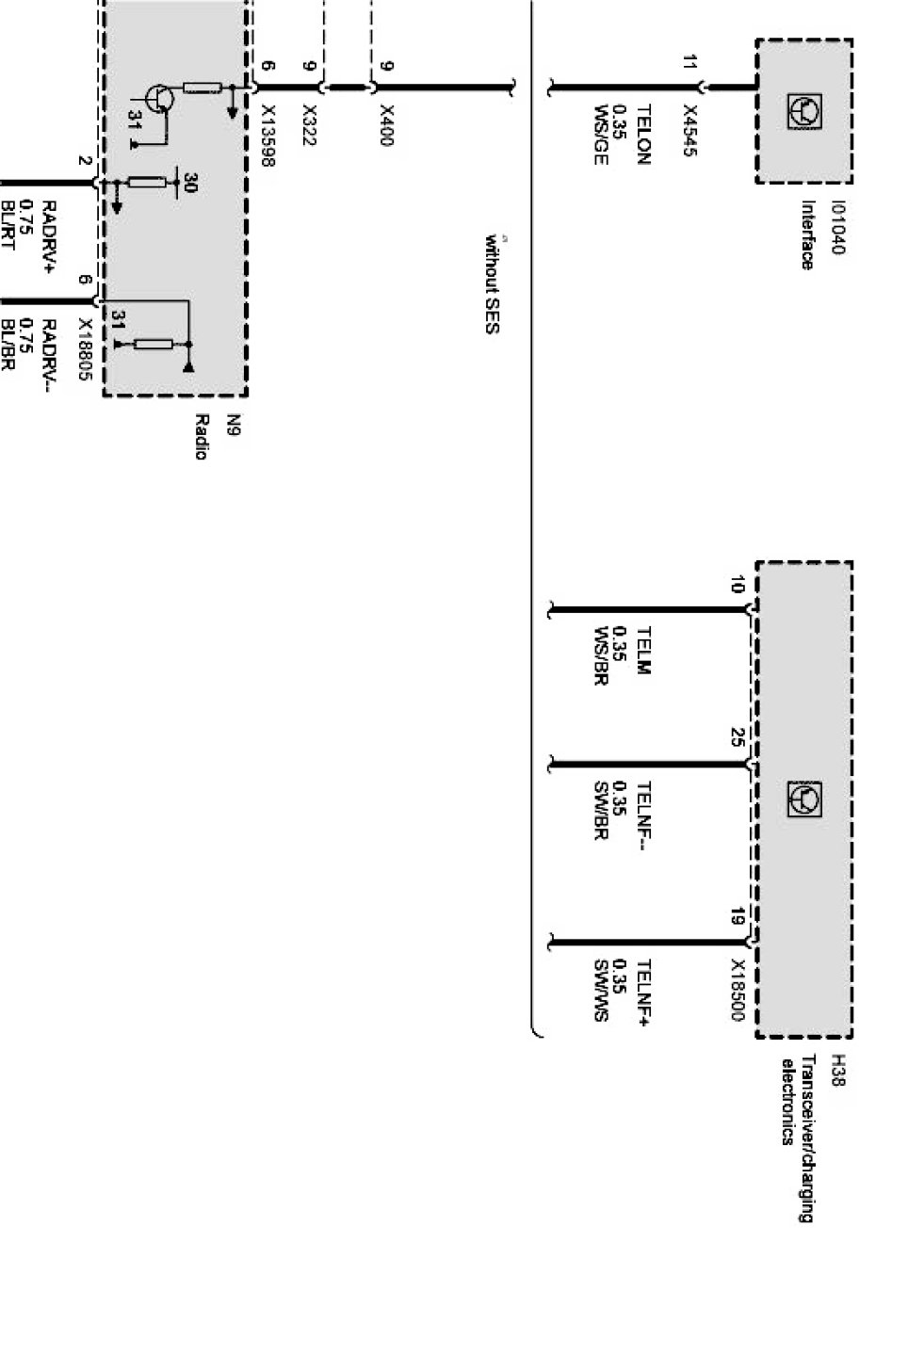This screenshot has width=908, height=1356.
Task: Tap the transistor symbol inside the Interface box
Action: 803,112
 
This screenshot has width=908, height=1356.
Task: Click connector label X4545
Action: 690,131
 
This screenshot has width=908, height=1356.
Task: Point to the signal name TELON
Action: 644,136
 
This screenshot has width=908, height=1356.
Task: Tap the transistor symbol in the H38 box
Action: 803,799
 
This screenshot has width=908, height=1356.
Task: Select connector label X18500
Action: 738,991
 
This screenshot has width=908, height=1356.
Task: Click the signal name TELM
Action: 644,651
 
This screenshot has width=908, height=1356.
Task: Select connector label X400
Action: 385,125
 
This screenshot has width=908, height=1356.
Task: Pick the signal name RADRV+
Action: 50,237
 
